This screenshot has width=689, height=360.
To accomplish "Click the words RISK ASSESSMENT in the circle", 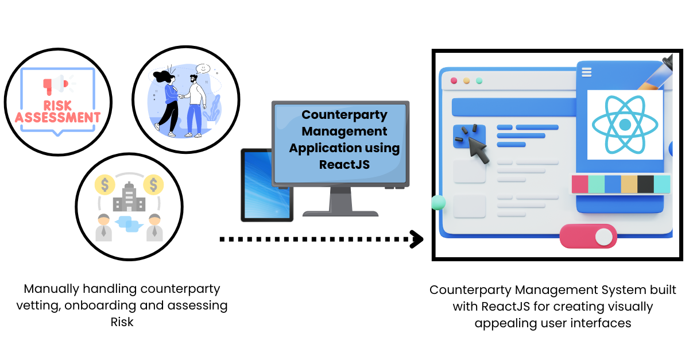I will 57,111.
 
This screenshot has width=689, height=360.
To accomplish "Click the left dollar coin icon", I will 104,185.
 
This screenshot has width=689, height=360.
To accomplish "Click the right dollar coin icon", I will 153,185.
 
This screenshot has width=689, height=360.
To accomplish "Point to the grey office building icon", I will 129,198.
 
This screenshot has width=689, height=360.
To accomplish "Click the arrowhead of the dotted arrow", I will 416,238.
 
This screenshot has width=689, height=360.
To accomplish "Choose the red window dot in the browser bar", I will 454,81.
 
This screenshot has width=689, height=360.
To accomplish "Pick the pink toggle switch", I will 588,236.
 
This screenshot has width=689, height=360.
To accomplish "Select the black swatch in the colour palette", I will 645,184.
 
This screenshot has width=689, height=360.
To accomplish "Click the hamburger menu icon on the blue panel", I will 586,72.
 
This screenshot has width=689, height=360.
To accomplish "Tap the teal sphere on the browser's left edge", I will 438,202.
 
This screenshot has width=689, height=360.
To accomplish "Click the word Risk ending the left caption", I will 122,322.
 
